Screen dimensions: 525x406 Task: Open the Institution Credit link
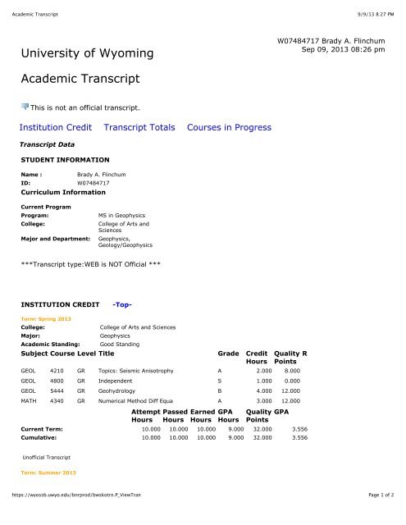pos(55,127)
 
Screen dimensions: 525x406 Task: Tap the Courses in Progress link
pos(229,127)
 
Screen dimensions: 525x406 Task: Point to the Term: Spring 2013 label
pos(46,317)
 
